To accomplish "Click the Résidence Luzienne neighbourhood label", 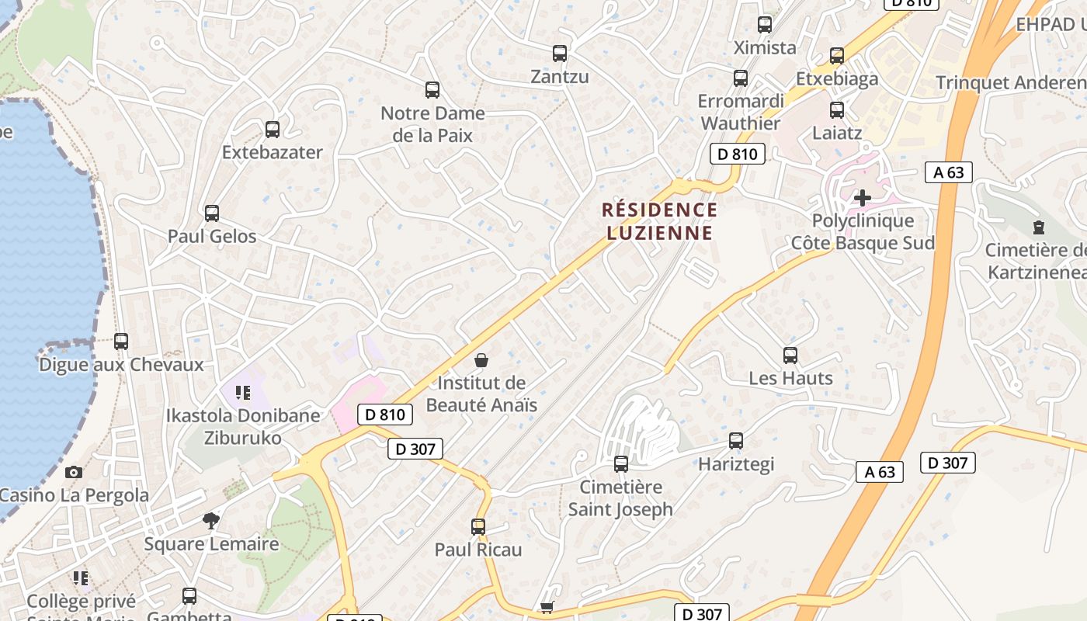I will coord(659,221).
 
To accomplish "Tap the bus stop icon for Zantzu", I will coord(559,54).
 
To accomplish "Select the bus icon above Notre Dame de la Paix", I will coord(432,90).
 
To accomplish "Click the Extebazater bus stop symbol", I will coord(272,130).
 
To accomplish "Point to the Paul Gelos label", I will coord(212,236).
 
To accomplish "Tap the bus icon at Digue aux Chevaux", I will coord(121,341).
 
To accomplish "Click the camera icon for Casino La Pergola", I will coord(73,472).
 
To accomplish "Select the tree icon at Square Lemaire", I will coord(210,520).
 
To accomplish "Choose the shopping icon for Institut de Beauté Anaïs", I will coord(481,360).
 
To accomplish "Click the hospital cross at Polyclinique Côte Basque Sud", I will coord(862,198).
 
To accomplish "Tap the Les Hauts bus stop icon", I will coord(790,356).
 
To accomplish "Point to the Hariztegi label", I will coord(736,464).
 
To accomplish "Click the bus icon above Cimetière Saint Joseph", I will coord(621,464).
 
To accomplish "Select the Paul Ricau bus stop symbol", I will coord(478,527).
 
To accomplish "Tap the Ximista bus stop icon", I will coord(765,25).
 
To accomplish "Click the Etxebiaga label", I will coord(837,78).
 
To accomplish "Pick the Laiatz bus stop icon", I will coord(837,110).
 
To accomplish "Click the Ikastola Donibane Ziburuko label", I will coord(242,426).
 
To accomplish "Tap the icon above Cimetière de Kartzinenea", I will coord(1039,227).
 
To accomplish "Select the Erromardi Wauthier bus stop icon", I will coord(741,78).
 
